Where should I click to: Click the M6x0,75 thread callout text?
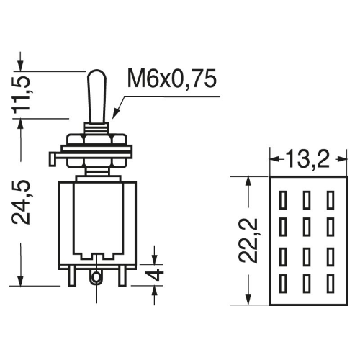point(172,78)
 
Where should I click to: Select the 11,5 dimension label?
point(21,95)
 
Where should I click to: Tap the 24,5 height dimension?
point(21,202)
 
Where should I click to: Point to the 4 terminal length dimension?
point(157,274)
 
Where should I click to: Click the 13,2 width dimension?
point(307,158)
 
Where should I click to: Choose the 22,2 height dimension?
point(248,240)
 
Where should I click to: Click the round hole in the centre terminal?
point(96,278)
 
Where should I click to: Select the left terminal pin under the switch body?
point(71,276)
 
